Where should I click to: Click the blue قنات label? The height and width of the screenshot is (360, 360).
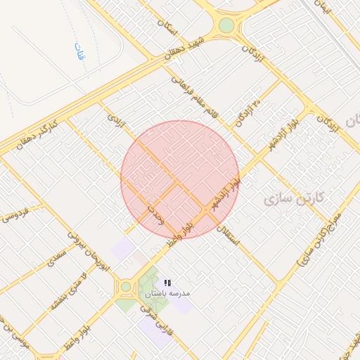[x=79, y=51]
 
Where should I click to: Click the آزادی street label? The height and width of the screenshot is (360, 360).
[x=115, y=120]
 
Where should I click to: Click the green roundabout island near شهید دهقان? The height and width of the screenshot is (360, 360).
[x=226, y=26]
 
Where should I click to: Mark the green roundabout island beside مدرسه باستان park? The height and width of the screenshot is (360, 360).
[x=126, y=286]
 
